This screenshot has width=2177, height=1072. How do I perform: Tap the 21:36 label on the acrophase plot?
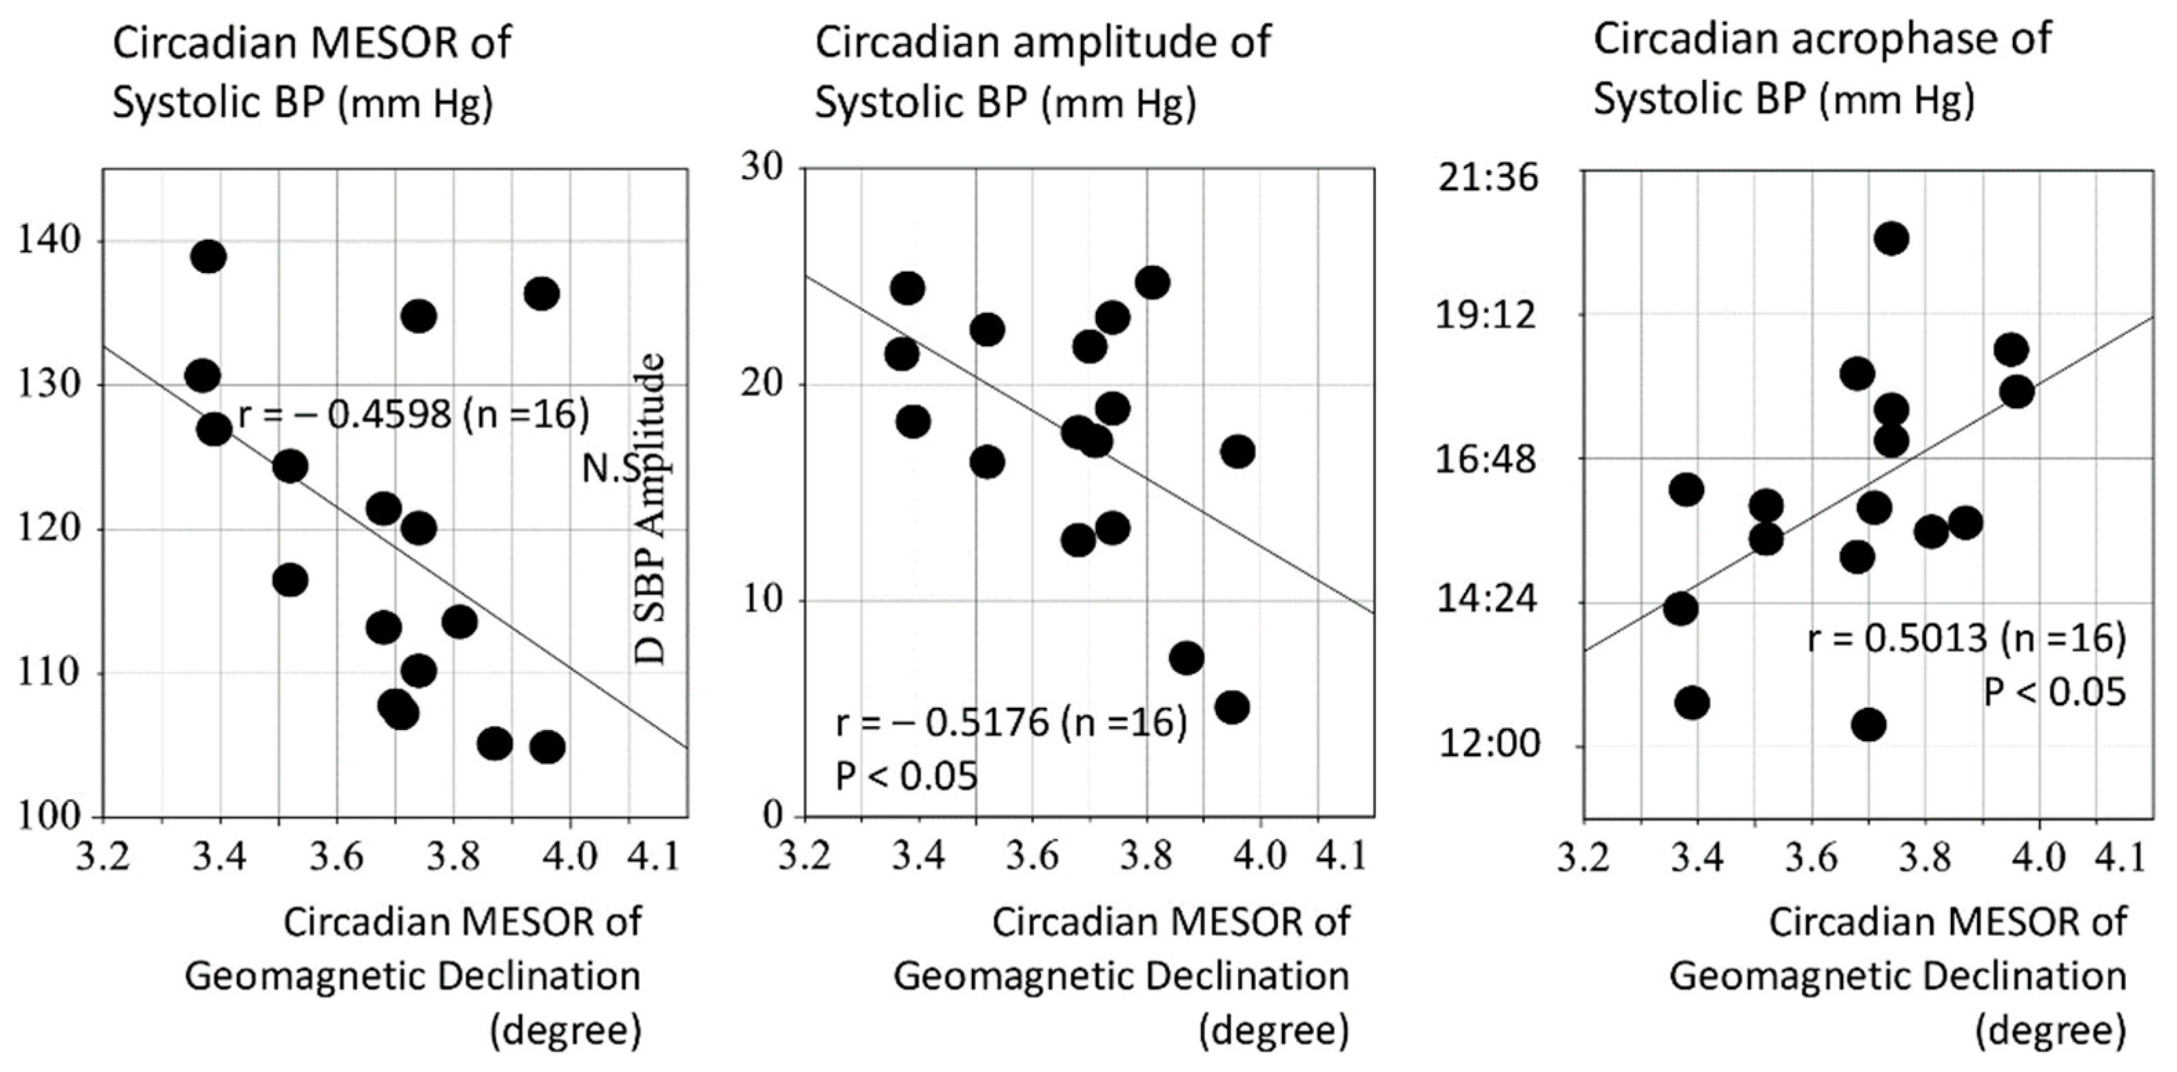[1488, 179]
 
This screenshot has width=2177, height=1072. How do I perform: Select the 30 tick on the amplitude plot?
[763, 168]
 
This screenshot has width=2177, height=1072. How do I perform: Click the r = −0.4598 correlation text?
[413, 415]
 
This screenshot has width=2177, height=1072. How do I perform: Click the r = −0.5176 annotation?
[1011, 723]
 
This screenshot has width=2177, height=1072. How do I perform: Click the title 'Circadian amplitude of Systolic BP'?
[1042, 72]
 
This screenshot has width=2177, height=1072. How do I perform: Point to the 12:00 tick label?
[1488, 745]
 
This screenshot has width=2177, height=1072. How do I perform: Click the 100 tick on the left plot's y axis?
[49, 817]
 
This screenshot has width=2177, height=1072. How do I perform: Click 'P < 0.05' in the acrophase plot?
[2054, 692]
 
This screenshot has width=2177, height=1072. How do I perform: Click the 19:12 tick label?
[1488, 315]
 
